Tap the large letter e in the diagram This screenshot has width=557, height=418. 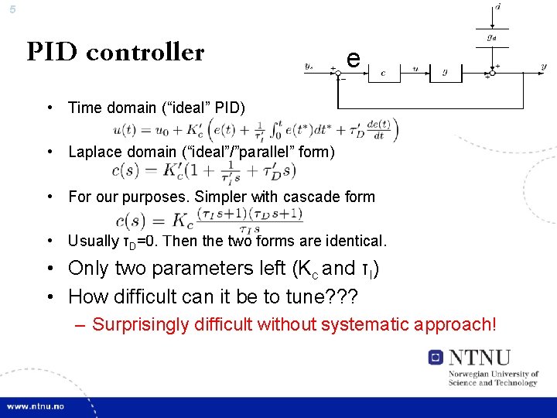pyautogui.click(x=352, y=58)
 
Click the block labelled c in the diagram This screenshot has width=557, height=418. pyautogui.click(x=384, y=73)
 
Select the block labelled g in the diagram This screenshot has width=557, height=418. pyautogui.click(x=445, y=73)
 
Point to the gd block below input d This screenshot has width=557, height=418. pyautogui.click(x=490, y=36)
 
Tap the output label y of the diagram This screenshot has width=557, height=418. pyautogui.click(x=543, y=67)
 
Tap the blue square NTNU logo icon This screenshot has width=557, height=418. pyautogui.click(x=436, y=357)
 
